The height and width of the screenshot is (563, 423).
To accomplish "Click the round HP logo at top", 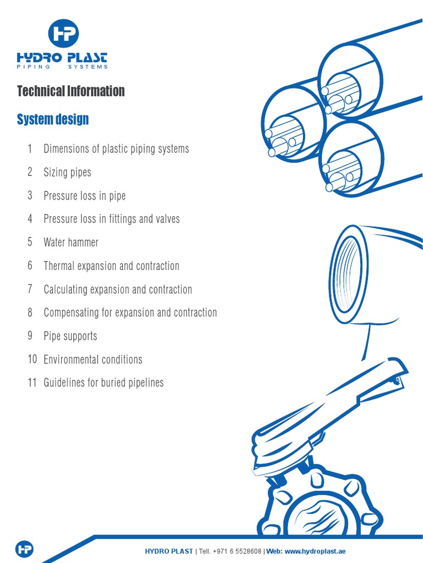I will click(63, 33).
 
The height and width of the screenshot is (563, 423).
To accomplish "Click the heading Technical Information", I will click(71, 91).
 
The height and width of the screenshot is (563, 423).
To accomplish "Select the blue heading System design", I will click(53, 119).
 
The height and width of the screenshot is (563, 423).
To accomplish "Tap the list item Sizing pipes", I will click(67, 173).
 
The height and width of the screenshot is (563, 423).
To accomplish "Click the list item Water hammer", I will click(71, 242).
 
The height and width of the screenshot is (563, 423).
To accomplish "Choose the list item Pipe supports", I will click(70, 336).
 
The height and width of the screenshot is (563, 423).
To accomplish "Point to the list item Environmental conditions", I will click(93, 360).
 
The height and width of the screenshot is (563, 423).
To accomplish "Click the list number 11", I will click(32, 383).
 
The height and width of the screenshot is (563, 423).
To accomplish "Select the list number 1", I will click(30, 149).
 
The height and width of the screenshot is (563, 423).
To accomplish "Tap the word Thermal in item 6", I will click(59, 266).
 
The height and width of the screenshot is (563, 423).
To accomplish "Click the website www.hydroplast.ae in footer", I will click(315, 551).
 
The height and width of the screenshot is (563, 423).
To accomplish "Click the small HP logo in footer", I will click(24, 549).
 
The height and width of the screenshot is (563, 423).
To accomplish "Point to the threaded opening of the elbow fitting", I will click(348, 273).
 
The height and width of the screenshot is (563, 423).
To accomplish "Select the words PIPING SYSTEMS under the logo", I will click(62, 67).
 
